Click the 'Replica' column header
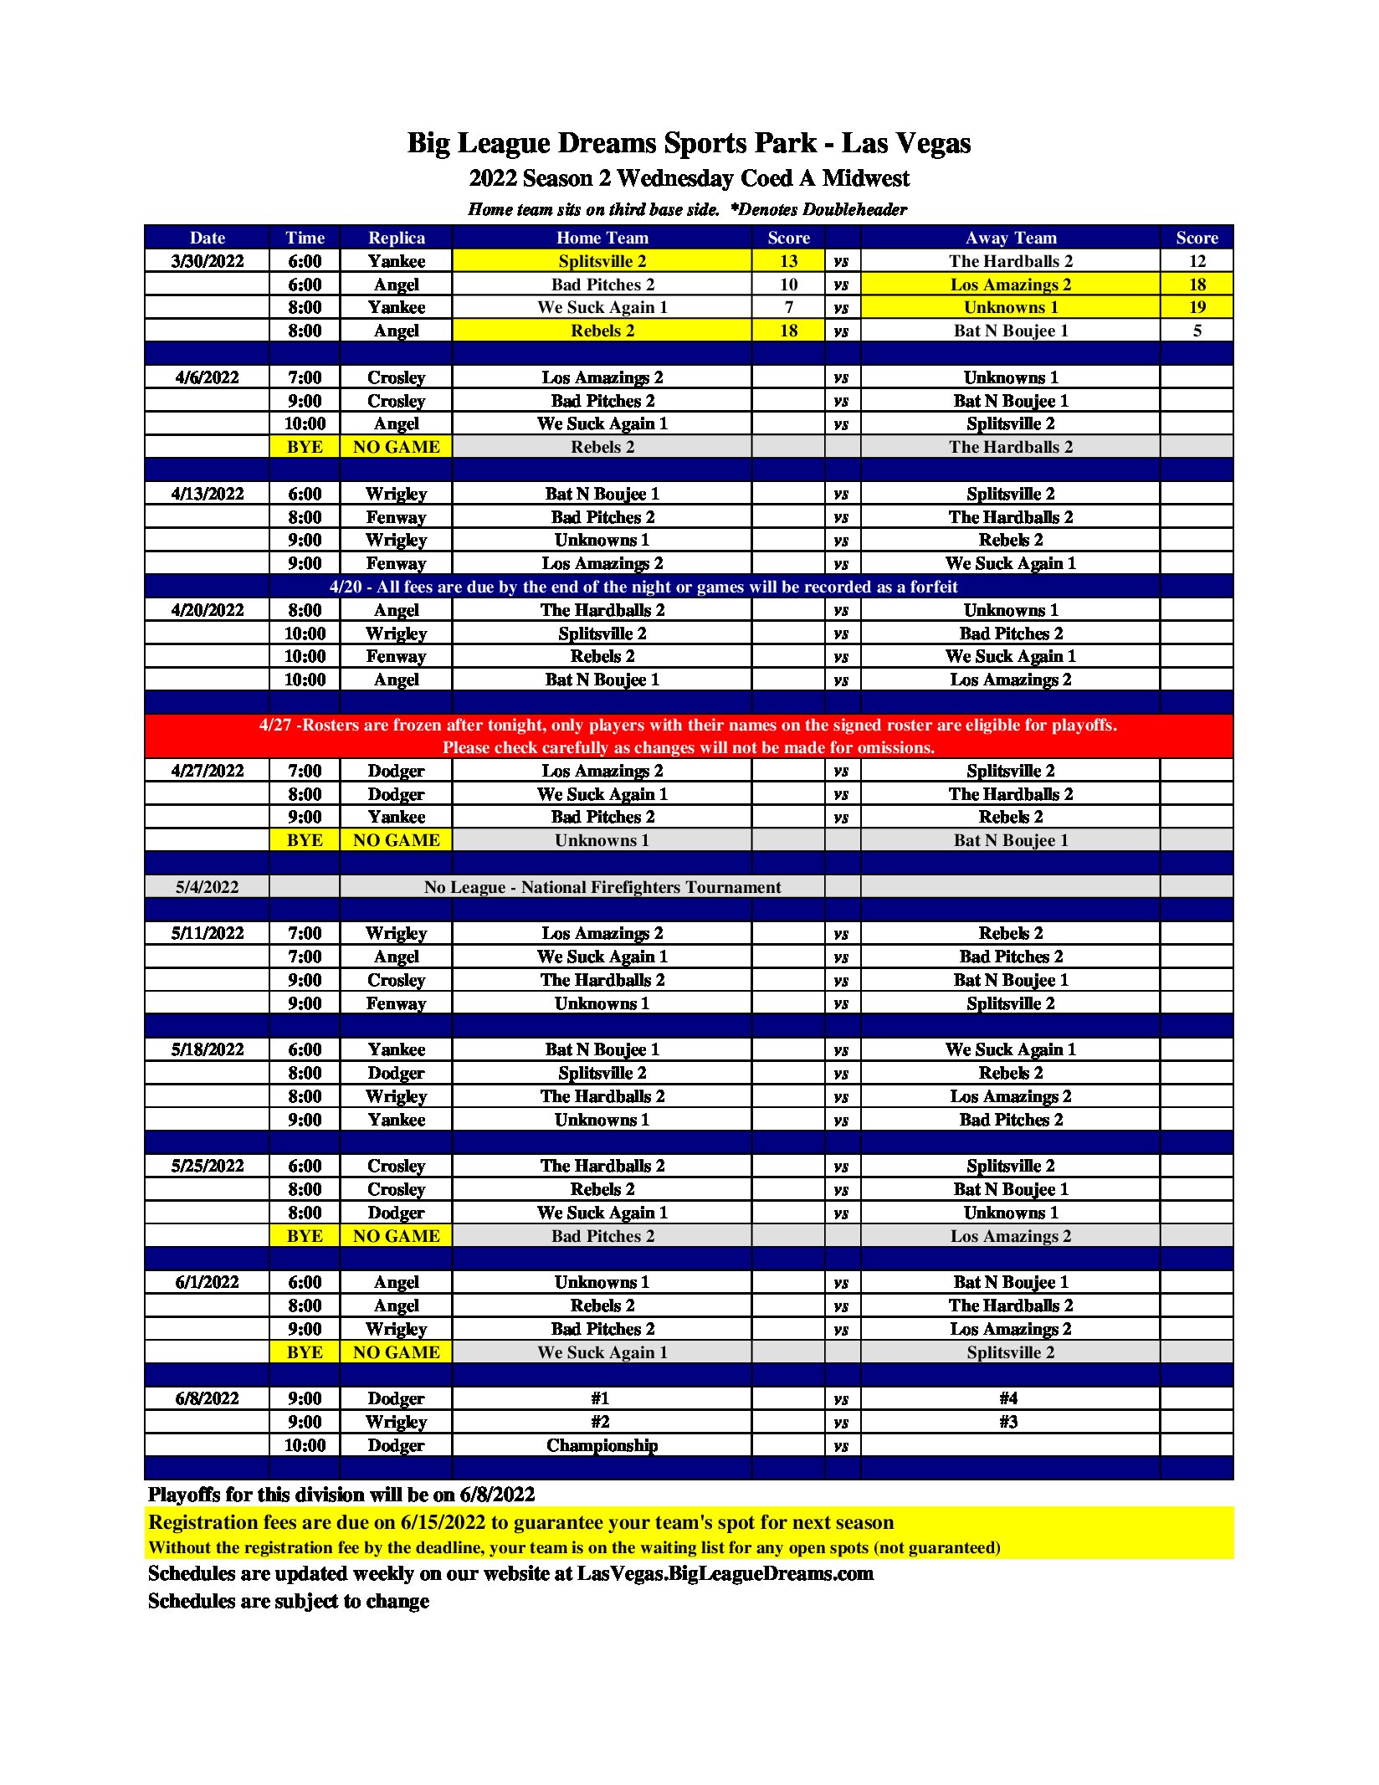396,238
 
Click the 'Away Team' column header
1010,238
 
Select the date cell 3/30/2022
207,261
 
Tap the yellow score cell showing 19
1197,307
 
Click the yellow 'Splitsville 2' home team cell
602,261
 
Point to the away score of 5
1197,331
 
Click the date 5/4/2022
207,887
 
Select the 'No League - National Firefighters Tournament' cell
602,887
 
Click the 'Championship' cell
602,1445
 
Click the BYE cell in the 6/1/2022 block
305,1352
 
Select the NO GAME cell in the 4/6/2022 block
396,447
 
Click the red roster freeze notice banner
688,736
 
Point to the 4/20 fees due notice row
643,587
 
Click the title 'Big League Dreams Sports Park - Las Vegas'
689,143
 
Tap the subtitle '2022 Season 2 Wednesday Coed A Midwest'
689,178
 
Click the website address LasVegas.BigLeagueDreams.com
725,1573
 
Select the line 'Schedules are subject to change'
289,1601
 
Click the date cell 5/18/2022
207,1049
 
